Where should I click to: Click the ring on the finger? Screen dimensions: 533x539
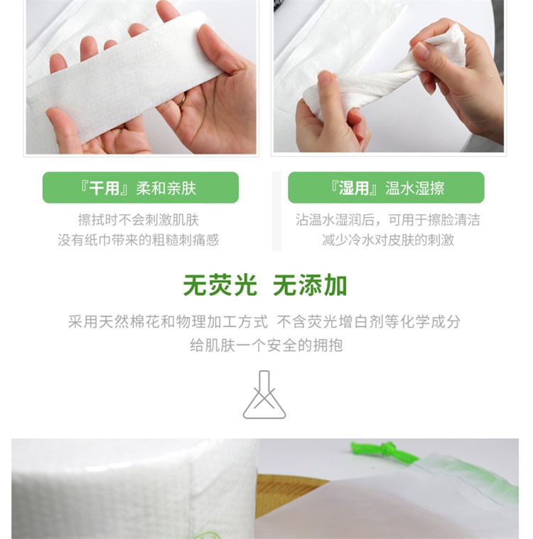tap(182, 100)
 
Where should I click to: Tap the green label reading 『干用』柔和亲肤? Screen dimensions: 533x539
tap(141, 187)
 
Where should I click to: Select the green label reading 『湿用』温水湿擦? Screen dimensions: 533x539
tap(386, 187)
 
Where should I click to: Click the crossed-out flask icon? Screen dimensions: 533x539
tap(264, 395)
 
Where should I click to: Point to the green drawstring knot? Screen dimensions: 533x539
tap(385, 449)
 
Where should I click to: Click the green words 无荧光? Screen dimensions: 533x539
tap(220, 285)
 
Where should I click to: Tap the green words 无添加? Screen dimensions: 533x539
tap(310, 285)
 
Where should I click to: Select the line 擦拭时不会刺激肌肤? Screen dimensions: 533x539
tap(139, 220)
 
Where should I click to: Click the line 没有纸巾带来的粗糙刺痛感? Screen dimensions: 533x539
tap(139, 240)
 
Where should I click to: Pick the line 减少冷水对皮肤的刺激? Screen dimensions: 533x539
tap(388, 240)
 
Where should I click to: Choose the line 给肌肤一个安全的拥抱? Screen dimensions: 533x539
tap(266, 345)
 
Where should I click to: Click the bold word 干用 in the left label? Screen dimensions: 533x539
tap(104, 188)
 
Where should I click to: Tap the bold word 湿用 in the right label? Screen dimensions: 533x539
tap(354, 188)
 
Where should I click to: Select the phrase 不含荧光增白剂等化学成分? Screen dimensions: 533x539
tap(369, 321)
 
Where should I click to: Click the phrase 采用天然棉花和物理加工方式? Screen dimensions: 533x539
tap(168, 321)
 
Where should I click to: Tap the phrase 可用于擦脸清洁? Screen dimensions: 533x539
tap(434, 220)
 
